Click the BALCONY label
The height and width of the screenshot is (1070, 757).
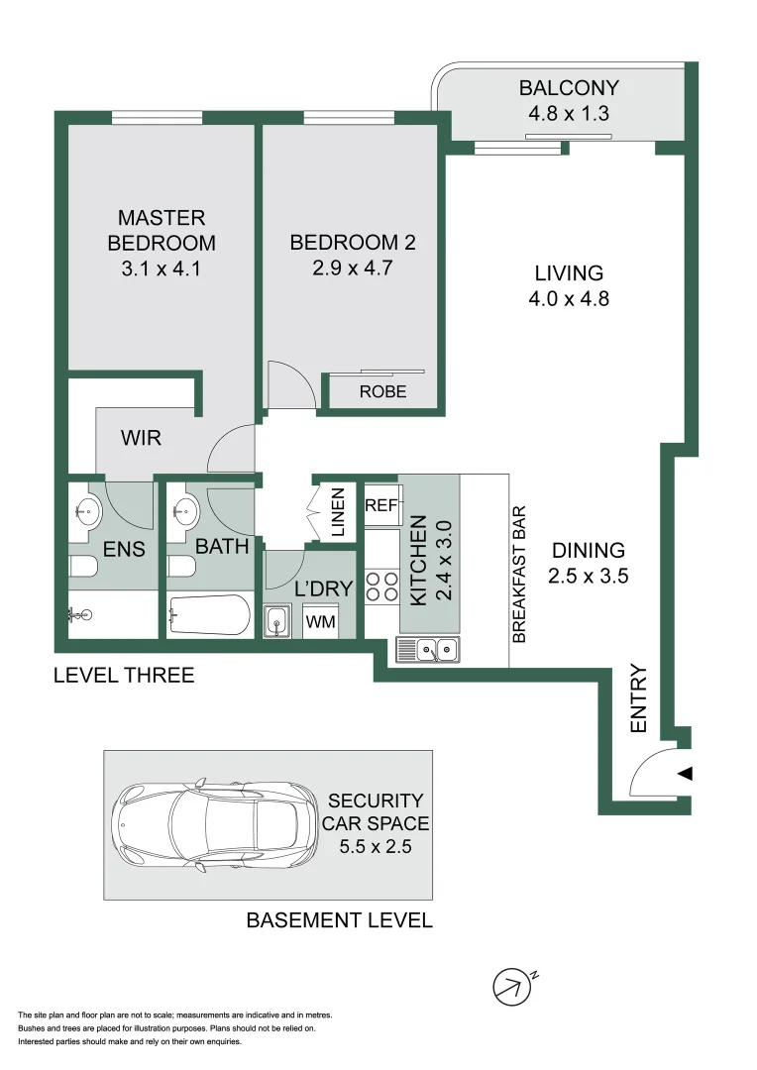point(569,88)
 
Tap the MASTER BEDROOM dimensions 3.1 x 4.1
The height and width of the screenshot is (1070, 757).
point(161,267)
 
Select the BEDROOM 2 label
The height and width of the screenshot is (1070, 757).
point(352,243)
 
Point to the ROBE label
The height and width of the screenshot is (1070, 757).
point(382,391)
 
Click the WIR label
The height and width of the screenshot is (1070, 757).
point(142,437)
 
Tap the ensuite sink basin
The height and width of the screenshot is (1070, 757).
point(87,513)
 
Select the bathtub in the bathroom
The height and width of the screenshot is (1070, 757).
point(209,617)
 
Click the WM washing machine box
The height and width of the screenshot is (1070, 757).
point(320,622)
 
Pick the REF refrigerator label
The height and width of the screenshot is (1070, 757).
point(380,505)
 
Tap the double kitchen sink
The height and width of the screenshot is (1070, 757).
point(427,650)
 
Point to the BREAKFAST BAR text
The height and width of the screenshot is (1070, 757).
point(518,576)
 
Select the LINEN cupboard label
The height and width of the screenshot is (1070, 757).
point(337,512)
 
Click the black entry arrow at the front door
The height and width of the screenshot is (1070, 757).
point(685,774)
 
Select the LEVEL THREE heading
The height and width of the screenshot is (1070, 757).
point(124,676)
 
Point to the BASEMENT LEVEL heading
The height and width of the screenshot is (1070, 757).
point(339,920)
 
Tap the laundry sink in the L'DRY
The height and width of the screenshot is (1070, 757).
point(276,622)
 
